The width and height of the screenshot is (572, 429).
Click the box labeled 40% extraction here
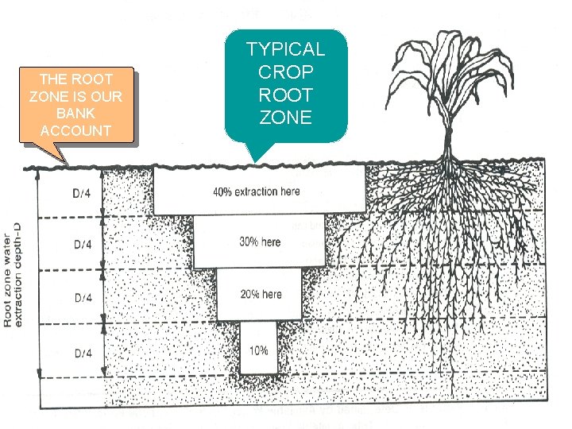tap(257, 191)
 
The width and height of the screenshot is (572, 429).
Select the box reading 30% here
tap(260, 242)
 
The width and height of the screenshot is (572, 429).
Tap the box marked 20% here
tap(260, 294)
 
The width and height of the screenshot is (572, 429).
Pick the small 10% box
tap(259, 350)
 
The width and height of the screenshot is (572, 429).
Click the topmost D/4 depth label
tap(83, 192)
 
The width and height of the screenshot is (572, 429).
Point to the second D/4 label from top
tap(83, 244)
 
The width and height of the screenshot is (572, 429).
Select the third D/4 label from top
tap(83, 297)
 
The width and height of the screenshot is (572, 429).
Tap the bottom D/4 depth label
tap(83, 352)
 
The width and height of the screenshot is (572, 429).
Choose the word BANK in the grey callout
tap(76, 114)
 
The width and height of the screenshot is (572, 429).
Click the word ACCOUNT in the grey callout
tap(76, 131)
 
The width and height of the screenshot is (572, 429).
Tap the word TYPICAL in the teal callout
tap(286, 49)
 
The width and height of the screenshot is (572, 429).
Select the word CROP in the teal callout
tap(286, 72)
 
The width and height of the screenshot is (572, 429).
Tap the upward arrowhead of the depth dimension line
tap(38, 174)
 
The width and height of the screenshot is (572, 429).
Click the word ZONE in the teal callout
tap(286, 118)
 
